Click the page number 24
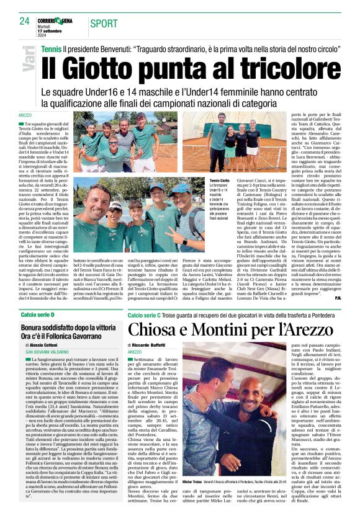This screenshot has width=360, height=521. (25, 21)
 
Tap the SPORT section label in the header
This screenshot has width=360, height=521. (104, 23)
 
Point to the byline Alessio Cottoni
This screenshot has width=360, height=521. (47, 345)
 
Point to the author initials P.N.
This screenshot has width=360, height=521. (337, 297)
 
